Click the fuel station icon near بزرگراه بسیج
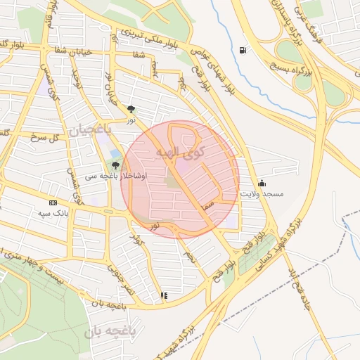pos(243,50)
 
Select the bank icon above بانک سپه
pos(53,202)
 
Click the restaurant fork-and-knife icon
pos(164,296)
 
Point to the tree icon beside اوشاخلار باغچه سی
pos(115,165)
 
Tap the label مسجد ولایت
pos(262,193)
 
